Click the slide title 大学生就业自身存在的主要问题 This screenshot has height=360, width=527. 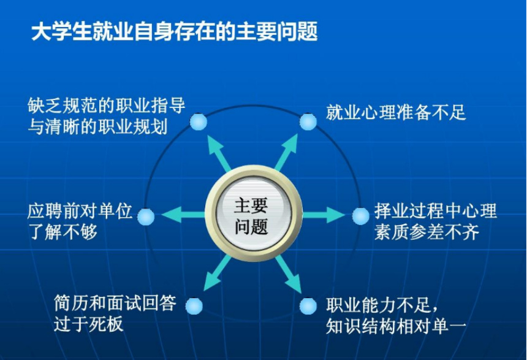tap(175, 32)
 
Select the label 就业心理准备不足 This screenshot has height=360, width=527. tap(396, 112)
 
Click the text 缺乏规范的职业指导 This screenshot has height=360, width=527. tap(106, 105)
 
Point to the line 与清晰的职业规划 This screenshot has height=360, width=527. tap(97, 127)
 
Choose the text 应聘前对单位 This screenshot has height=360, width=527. tap(80, 211)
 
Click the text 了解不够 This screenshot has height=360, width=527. tap(63, 232)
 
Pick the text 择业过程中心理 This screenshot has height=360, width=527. tap(436, 211)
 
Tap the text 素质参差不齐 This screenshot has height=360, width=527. tap(427, 232)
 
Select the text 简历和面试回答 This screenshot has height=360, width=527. tap(115, 303)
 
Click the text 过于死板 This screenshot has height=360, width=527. tap(89, 324)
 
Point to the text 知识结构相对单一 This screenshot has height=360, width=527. tap(396, 326)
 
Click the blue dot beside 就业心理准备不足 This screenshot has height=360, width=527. tap(308, 121)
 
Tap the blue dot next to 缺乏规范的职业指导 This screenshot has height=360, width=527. tap(199, 121)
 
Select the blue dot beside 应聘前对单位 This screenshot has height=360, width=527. tap(146, 216)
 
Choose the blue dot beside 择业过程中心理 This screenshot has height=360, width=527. tap(361, 216)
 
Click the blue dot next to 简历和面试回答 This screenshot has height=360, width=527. tap(194, 306)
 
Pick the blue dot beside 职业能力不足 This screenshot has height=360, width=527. tap(308, 306)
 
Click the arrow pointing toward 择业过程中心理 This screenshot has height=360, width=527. tap(324, 215)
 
